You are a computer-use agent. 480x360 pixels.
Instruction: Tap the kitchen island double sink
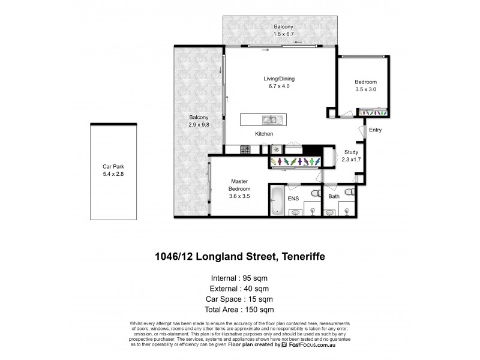(269, 119)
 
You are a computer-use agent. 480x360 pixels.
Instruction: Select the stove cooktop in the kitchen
(245, 148)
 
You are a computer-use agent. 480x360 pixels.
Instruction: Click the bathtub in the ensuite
(277, 201)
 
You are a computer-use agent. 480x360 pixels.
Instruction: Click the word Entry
(375, 130)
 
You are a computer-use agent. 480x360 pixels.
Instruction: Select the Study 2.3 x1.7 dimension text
(350, 160)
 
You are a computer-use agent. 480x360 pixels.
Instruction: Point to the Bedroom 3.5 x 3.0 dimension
(365, 89)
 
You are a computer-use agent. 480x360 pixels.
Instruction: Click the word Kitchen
(264, 134)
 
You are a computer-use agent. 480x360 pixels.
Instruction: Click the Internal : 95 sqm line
(240, 278)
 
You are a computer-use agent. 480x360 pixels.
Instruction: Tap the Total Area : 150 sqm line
(240, 309)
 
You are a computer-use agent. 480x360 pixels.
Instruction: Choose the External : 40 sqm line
(240, 289)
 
